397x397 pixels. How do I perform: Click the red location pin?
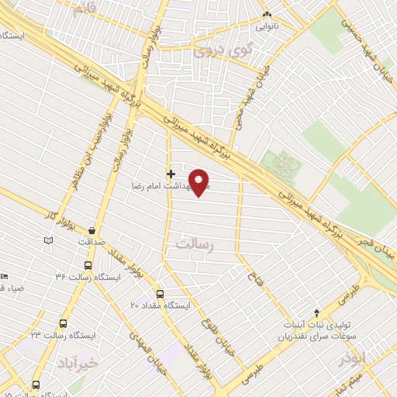click(200, 183)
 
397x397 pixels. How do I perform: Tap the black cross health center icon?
click(171, 173)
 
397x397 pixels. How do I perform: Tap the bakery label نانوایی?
click(268, 24)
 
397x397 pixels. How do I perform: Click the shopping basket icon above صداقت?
click(92, 230)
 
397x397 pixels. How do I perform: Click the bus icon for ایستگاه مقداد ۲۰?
click(160, 294)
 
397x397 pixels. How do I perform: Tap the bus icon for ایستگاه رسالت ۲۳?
click(63, 323)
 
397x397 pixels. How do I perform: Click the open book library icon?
click(49, 241)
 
